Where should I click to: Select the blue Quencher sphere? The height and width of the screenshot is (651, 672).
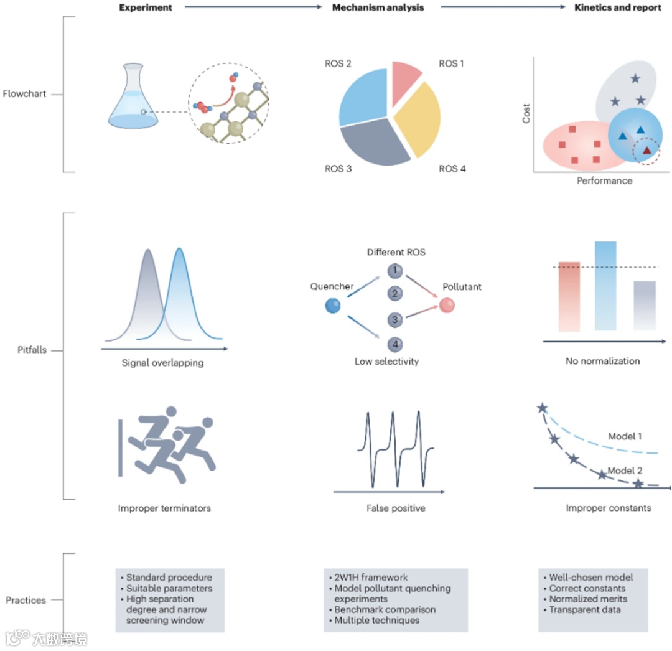[333, 306]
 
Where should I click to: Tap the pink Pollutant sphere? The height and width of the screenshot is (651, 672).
[447, 306]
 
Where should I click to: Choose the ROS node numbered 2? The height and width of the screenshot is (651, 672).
[394, 294]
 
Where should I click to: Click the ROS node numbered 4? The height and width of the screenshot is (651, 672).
[394, 344]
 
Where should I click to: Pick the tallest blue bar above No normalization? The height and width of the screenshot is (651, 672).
[605, 286]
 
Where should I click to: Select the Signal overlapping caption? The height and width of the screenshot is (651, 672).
[162, 363]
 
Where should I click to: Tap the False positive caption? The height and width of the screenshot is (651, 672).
[396, 508]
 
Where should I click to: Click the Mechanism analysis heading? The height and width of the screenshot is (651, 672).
[378, 8]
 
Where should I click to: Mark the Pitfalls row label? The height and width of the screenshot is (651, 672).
[32, 350]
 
